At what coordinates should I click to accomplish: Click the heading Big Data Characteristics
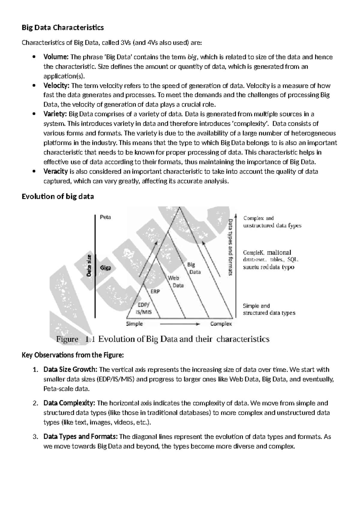click(x=63, y=28)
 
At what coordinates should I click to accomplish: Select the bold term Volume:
click(x=56, y=57)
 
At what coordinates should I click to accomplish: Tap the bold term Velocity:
click(x=56, y=86)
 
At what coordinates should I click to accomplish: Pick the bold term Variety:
click(x=55, y=114)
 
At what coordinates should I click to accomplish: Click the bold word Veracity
click(x=55, y=171)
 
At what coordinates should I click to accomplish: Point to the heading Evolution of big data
click(x=58, y=197)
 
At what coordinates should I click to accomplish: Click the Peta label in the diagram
click(x=105, y=217)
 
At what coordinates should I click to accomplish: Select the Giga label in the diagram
click(x=105, y=268)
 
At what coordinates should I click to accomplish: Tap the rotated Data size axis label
click(x=89, y=265)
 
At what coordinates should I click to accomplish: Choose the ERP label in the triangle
click(x=155, y=291)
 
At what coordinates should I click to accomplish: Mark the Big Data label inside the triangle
click(x=193, y=268)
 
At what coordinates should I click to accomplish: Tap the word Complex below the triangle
click(x=221, y=324)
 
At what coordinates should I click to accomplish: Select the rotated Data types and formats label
click(x=231, y=247)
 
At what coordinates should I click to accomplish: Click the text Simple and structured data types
click(x=269, y=309)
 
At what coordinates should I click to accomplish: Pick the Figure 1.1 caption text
click(x=163, y=339)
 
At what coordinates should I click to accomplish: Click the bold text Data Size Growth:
click(x=70, y=369)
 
